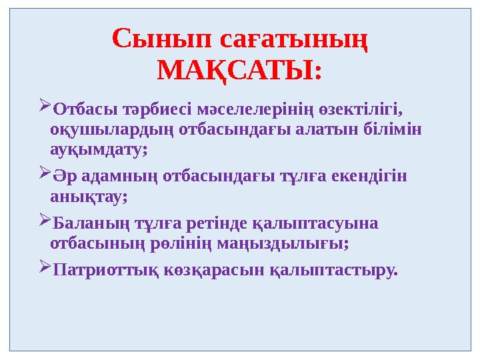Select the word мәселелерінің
point(259,108)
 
